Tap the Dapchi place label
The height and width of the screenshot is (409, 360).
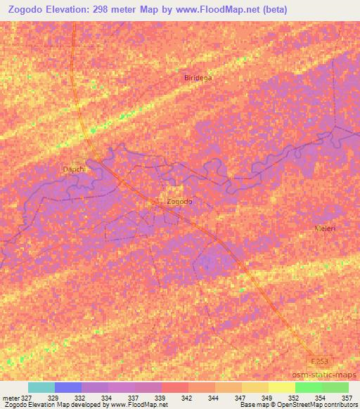tap(73, 169)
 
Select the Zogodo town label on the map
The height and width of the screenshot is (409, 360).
tap(179, 202)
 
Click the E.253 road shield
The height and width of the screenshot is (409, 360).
tap(320, 361)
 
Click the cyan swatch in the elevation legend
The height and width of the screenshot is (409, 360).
tap(41, 387)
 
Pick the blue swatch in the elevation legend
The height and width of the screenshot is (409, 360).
tap(67, 387)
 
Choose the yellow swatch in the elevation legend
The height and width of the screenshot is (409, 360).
tap(281, 387)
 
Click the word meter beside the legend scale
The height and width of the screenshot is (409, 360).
tap(10, 398)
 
